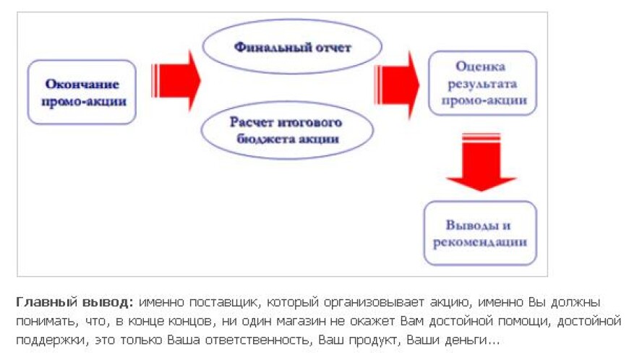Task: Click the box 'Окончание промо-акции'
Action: (82, 93)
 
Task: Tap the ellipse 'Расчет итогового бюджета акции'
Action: (286, 131)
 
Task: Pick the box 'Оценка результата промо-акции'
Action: (482, 83)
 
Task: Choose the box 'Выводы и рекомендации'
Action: (479, 233)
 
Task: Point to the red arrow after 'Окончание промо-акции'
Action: (175, 80)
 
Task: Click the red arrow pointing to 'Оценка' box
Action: (397, 85)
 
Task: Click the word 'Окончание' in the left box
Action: (82, 84)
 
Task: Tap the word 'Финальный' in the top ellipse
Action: (265, 48)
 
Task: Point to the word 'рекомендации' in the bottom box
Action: (480, 241)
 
